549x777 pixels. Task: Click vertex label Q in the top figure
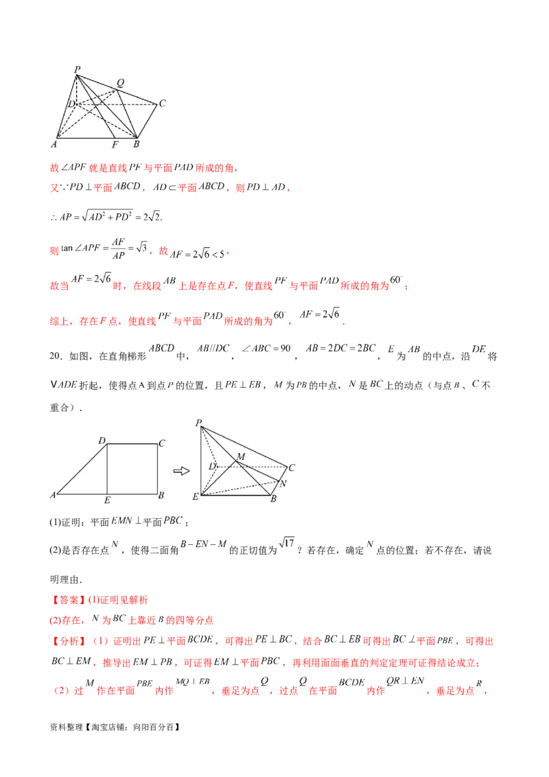[x=120, y=82]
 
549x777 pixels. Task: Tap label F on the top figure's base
[x=114, y=145]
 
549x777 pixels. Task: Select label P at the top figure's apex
[x=76, y=68]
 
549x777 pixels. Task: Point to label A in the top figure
[x=54, y=144]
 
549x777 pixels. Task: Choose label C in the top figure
[x=162, y=104]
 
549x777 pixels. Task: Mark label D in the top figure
[x=71, y=104]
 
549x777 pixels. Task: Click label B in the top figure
[x=136, y=144]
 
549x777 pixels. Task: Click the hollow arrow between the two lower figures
[x=180, y=471]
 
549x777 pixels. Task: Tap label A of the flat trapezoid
[x=53, y=495]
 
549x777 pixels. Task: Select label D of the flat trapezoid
[x=101, y=441]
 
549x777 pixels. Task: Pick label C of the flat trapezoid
[x=161, y=443]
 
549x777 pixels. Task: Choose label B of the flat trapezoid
[x=160, y=494]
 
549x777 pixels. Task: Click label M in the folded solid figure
[x=240, y=456]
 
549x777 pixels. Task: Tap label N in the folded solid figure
[x=283, y=483]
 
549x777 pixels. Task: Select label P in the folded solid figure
[x=198, y=423]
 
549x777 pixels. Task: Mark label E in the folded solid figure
[x=196, y=496]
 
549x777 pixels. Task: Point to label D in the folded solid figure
[x=213, y=467]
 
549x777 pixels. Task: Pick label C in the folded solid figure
[x=292, y=467]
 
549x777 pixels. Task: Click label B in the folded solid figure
[x=272, y=498]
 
